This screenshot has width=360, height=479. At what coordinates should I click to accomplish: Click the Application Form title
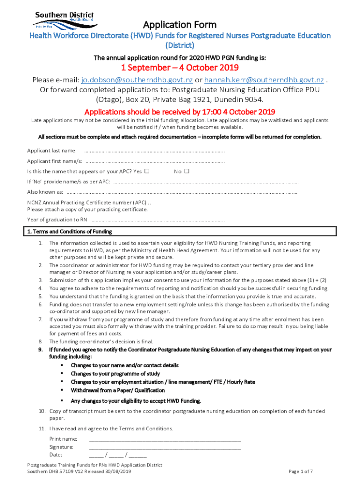point(180,24)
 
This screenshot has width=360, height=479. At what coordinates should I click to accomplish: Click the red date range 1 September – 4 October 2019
point(180,68)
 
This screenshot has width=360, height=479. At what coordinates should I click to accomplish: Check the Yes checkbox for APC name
point(147,171)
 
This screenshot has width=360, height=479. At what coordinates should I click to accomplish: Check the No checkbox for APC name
point(187,171)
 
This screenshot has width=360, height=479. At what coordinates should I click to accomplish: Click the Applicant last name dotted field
point(154,151)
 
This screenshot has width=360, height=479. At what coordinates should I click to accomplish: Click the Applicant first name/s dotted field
point(154,161)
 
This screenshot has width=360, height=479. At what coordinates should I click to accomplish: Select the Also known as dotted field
point(182,192)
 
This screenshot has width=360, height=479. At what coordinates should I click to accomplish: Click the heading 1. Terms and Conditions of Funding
point(69,232)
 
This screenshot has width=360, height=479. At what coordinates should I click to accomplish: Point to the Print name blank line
point(165,439)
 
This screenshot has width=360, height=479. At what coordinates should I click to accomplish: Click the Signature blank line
point(165,448)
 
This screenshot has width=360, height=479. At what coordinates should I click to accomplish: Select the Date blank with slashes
point(117,455)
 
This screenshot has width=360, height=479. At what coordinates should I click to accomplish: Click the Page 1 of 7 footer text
point(301,472)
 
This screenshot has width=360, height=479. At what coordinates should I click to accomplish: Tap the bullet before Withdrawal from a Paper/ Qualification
point(62,390)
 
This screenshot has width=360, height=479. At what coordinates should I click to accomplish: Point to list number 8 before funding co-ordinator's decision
point(41,342)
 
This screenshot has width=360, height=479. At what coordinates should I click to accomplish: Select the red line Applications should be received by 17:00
point(180,112)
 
